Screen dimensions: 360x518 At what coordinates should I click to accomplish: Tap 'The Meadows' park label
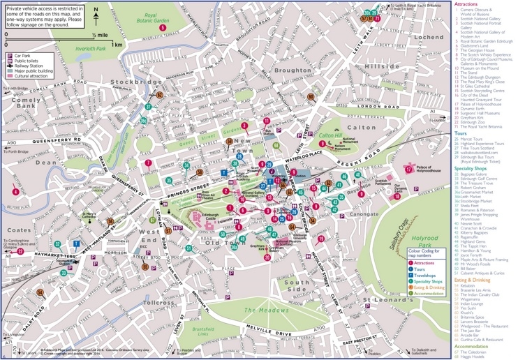260,309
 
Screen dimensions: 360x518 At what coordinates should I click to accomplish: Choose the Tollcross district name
157,303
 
